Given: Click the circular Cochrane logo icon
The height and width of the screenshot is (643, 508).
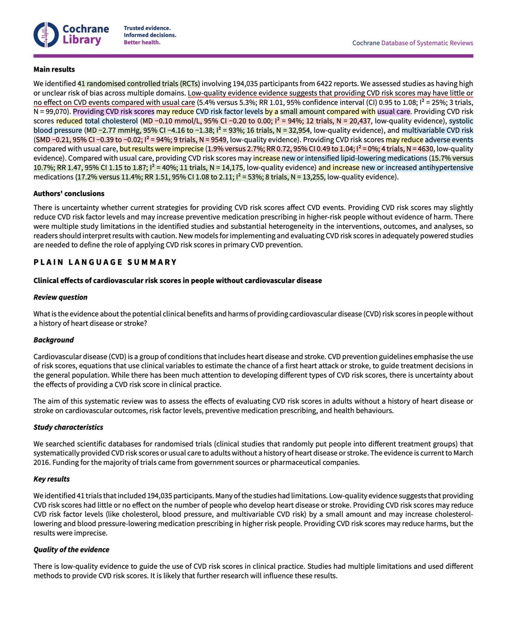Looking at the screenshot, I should [x=46, y=35].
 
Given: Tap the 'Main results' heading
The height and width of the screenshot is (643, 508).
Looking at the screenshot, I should [x=54, y=69].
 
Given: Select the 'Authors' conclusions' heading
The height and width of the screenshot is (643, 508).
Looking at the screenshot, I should [x=69, y=194].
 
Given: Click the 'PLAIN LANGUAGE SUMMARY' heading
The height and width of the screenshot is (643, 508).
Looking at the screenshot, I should [x=105, y=262].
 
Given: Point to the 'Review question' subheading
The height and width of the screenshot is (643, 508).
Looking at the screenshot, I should [x=60, y=297].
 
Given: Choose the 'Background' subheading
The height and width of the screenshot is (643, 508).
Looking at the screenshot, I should [x=54, y=340].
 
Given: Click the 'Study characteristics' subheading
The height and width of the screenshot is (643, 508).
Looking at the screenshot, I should [x=68, y=427].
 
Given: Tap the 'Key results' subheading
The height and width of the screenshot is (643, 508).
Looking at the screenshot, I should [x=51, y=479].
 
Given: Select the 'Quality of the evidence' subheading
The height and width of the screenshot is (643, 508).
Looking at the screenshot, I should [x=71, y=550].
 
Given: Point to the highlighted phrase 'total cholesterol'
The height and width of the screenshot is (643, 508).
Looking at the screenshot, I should [x=111, y=121].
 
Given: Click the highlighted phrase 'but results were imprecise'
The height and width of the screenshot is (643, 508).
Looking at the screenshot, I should [x=162, y=149].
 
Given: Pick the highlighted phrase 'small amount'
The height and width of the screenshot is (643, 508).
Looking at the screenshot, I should [x=302, y=112].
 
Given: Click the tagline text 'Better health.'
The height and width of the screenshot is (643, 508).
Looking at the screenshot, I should [x=142, y=42].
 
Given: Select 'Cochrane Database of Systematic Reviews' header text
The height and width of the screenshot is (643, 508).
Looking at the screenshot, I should [x=412, y=43].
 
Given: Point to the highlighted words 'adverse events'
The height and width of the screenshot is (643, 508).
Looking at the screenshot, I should [x=449, y=140].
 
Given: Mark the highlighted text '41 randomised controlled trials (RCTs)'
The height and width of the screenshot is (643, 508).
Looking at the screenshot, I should [x=139, y=84].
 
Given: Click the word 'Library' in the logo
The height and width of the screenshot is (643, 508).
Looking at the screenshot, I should [x=82, y=40].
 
